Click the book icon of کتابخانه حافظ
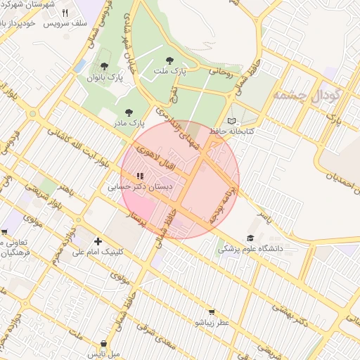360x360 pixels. pos(233,120)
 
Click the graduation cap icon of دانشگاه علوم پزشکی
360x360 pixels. pos(250,238)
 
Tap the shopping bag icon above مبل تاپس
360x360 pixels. pos(104,344)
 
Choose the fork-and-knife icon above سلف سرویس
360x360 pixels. pos(65,13)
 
